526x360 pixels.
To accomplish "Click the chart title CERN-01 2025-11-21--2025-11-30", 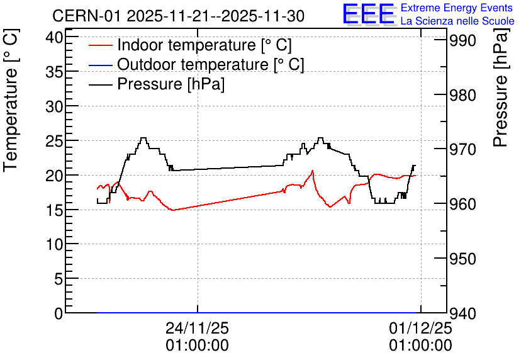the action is (178, 16).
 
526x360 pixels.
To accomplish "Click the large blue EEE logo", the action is (369, 14).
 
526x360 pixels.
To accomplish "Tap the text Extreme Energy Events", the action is (457, 8).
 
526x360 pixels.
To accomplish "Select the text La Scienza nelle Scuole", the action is (457, 21).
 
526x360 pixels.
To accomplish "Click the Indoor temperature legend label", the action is (204, 45).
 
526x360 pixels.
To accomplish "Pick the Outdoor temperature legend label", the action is (211, 64).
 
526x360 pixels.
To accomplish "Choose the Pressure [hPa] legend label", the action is (171, 84).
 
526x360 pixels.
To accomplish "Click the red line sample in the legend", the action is (100, 45).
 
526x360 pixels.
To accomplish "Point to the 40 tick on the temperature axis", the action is (54, 37).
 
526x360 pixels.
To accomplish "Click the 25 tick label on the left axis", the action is (54, 140).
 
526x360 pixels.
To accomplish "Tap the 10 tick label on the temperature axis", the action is (54, 244).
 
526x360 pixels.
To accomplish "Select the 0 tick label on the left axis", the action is (59, 313).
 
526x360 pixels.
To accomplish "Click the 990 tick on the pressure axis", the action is (462, 41).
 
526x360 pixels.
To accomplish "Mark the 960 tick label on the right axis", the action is (462, 204).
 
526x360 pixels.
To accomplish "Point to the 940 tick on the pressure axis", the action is (462, 313).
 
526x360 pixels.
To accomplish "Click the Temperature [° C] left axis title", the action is (11, 100).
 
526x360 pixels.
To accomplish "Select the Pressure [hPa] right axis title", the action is (500, 87).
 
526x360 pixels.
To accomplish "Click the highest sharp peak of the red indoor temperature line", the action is (313, 171).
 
